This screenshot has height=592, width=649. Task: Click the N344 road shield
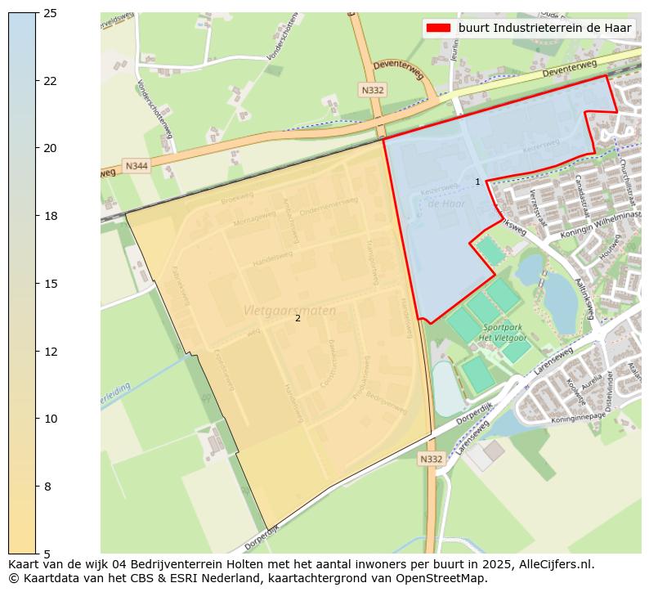click(x=137, y=166)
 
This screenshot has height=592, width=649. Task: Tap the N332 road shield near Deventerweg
click(x=372, y=90)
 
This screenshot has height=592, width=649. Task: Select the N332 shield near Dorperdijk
click(x=431, y=459)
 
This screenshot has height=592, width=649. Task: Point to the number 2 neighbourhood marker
click(x=298, y=319)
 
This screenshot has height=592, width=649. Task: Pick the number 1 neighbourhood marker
click(x=478, y=182)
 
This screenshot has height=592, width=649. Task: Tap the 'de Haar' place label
click(x=446, y=204)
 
